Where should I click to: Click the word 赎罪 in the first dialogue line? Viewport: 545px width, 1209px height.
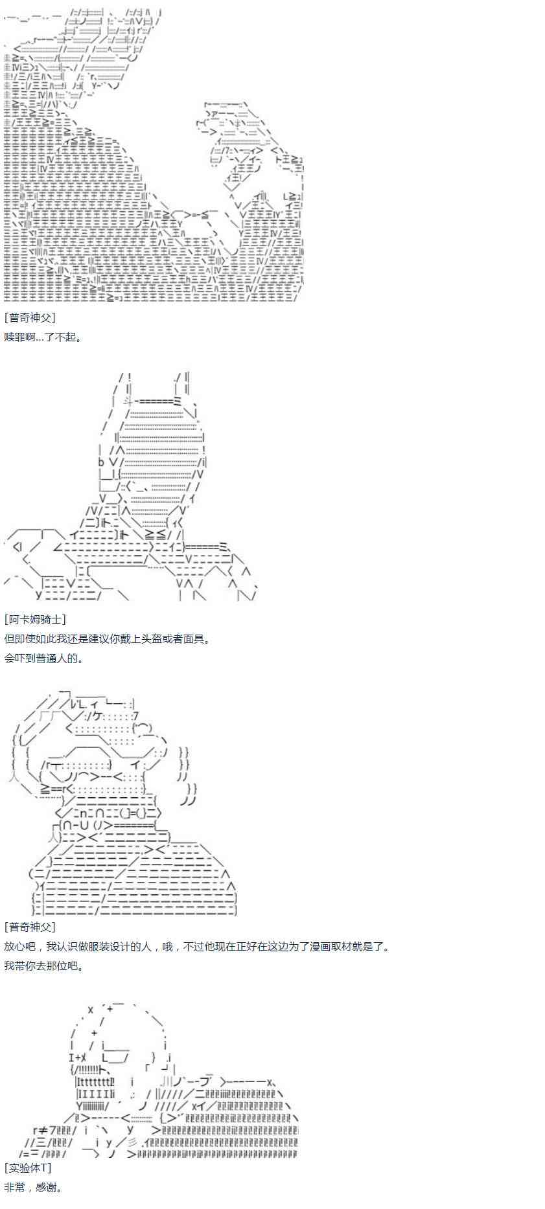tap(14, 337)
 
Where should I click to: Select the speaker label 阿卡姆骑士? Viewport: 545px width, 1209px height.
tap(35, 619)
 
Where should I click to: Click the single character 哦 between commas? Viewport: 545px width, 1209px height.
tap(168, 946)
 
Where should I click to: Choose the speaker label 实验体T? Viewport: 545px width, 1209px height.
tap(27, 1168)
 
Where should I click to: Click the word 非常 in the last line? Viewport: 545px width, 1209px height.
tap(14, 1187)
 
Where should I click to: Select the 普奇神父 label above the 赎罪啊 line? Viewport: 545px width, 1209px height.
tap(30, 317)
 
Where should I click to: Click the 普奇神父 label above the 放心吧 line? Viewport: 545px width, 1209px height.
tap(30, 927)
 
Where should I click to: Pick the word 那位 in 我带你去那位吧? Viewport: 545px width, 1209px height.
tap(52, 966)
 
